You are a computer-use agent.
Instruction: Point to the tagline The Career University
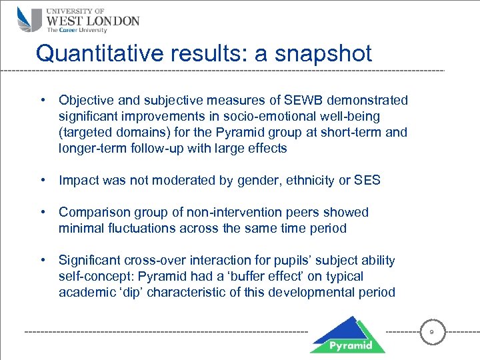point(76,30)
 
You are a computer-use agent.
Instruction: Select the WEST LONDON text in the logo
point(93,20)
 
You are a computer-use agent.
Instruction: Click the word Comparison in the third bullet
point(92,213)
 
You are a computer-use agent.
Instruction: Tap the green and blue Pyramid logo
point(347,334)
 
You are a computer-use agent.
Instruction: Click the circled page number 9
point(432,331)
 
